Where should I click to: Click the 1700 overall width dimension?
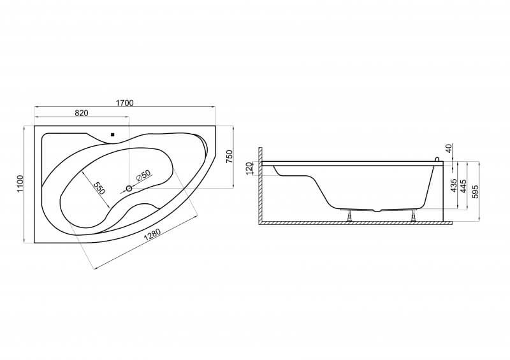point(125,103)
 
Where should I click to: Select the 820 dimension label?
point(82,113)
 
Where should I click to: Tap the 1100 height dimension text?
point(20,184)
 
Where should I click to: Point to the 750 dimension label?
point(229,156)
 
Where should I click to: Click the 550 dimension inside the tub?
point(99,188)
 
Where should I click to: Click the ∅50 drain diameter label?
point(143,175)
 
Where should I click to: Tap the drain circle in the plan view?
point(129,189)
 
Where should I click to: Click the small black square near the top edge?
point(113,134)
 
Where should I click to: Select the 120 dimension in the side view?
point(249,169)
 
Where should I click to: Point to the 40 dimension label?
point(449,148)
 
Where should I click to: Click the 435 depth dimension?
point(455,185)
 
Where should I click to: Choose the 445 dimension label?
point(464,185)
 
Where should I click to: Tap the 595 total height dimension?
point(475,192)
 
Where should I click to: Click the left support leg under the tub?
point(349,215)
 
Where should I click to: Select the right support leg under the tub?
point(414,215)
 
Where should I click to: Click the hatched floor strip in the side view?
point(356,223)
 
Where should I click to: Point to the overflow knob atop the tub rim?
point(437,159)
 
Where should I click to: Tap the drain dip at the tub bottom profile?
point(377,210)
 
